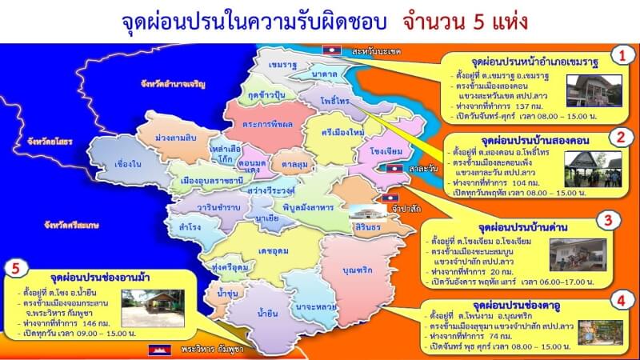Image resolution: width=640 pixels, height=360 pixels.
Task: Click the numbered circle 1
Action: coord(618,54)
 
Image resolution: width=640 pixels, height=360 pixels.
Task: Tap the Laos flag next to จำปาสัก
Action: coord(390,197)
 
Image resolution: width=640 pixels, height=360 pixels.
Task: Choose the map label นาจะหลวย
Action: coord(314,306)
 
